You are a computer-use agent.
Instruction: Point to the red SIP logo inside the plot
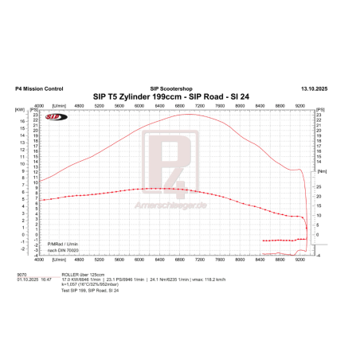[x=56, y=116]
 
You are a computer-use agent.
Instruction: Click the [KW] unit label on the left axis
[x=19, y=109]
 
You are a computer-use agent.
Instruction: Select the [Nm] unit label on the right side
[x=322, y=170]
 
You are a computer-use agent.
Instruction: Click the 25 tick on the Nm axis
[x=319, y=186]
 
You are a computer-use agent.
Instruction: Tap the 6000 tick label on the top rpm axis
[x=139, y=104]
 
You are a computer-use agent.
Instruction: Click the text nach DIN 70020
[x=63, y=250]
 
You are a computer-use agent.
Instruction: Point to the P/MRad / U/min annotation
[x=64, y=244]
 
